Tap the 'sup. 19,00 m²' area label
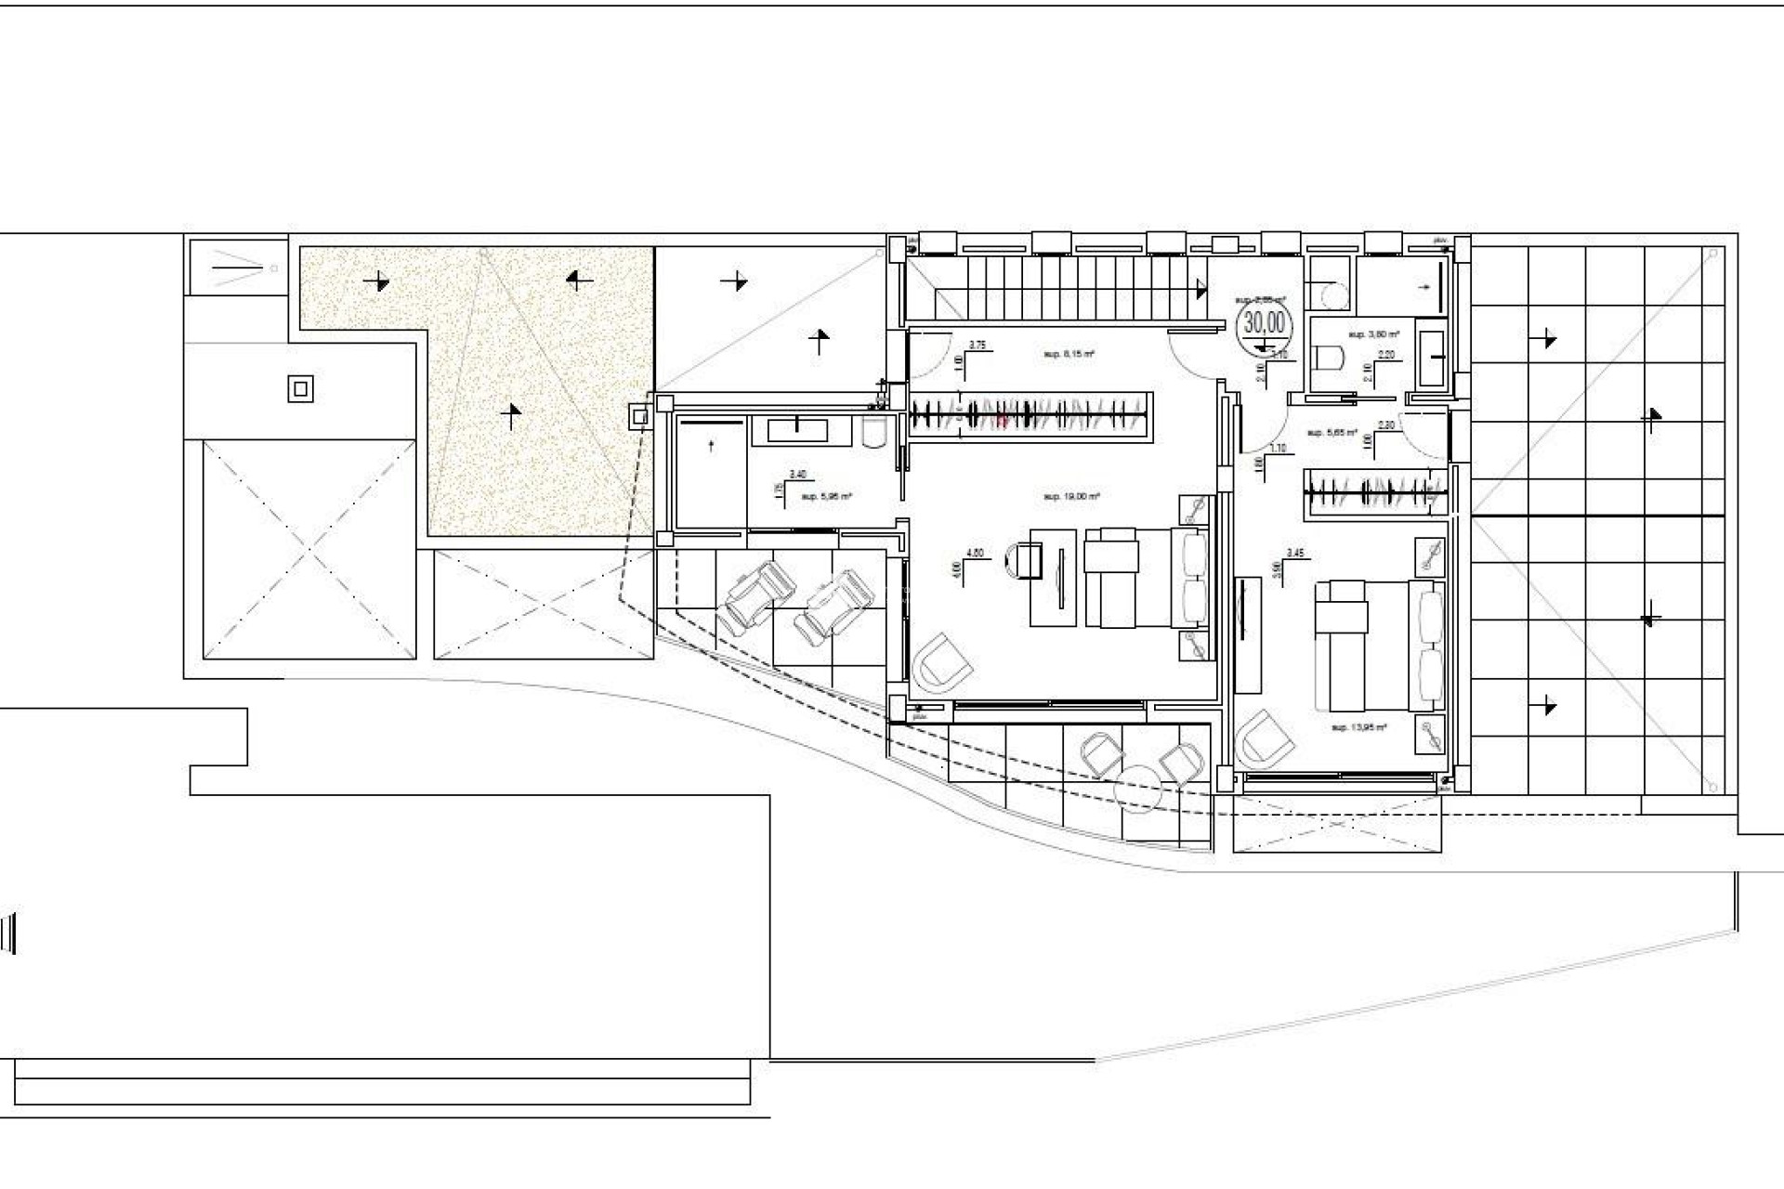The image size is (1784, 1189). [x=1071, y=497]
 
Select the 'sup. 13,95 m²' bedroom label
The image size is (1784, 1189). [x=1358, y=727]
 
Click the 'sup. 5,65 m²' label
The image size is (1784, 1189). [x=1331, y=433]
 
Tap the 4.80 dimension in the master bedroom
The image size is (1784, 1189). [x=975, y=554]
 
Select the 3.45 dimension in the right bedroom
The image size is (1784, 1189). [x=1295, y=554]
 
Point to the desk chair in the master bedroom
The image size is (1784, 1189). [x=1025, y=561]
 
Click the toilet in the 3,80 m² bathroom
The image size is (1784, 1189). [x=1331, y=357]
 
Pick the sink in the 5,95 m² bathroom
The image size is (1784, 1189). [x=798, y=429]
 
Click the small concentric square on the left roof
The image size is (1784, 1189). [x=299, y=389]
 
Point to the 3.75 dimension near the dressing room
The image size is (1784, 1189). [x=977, y=346]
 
